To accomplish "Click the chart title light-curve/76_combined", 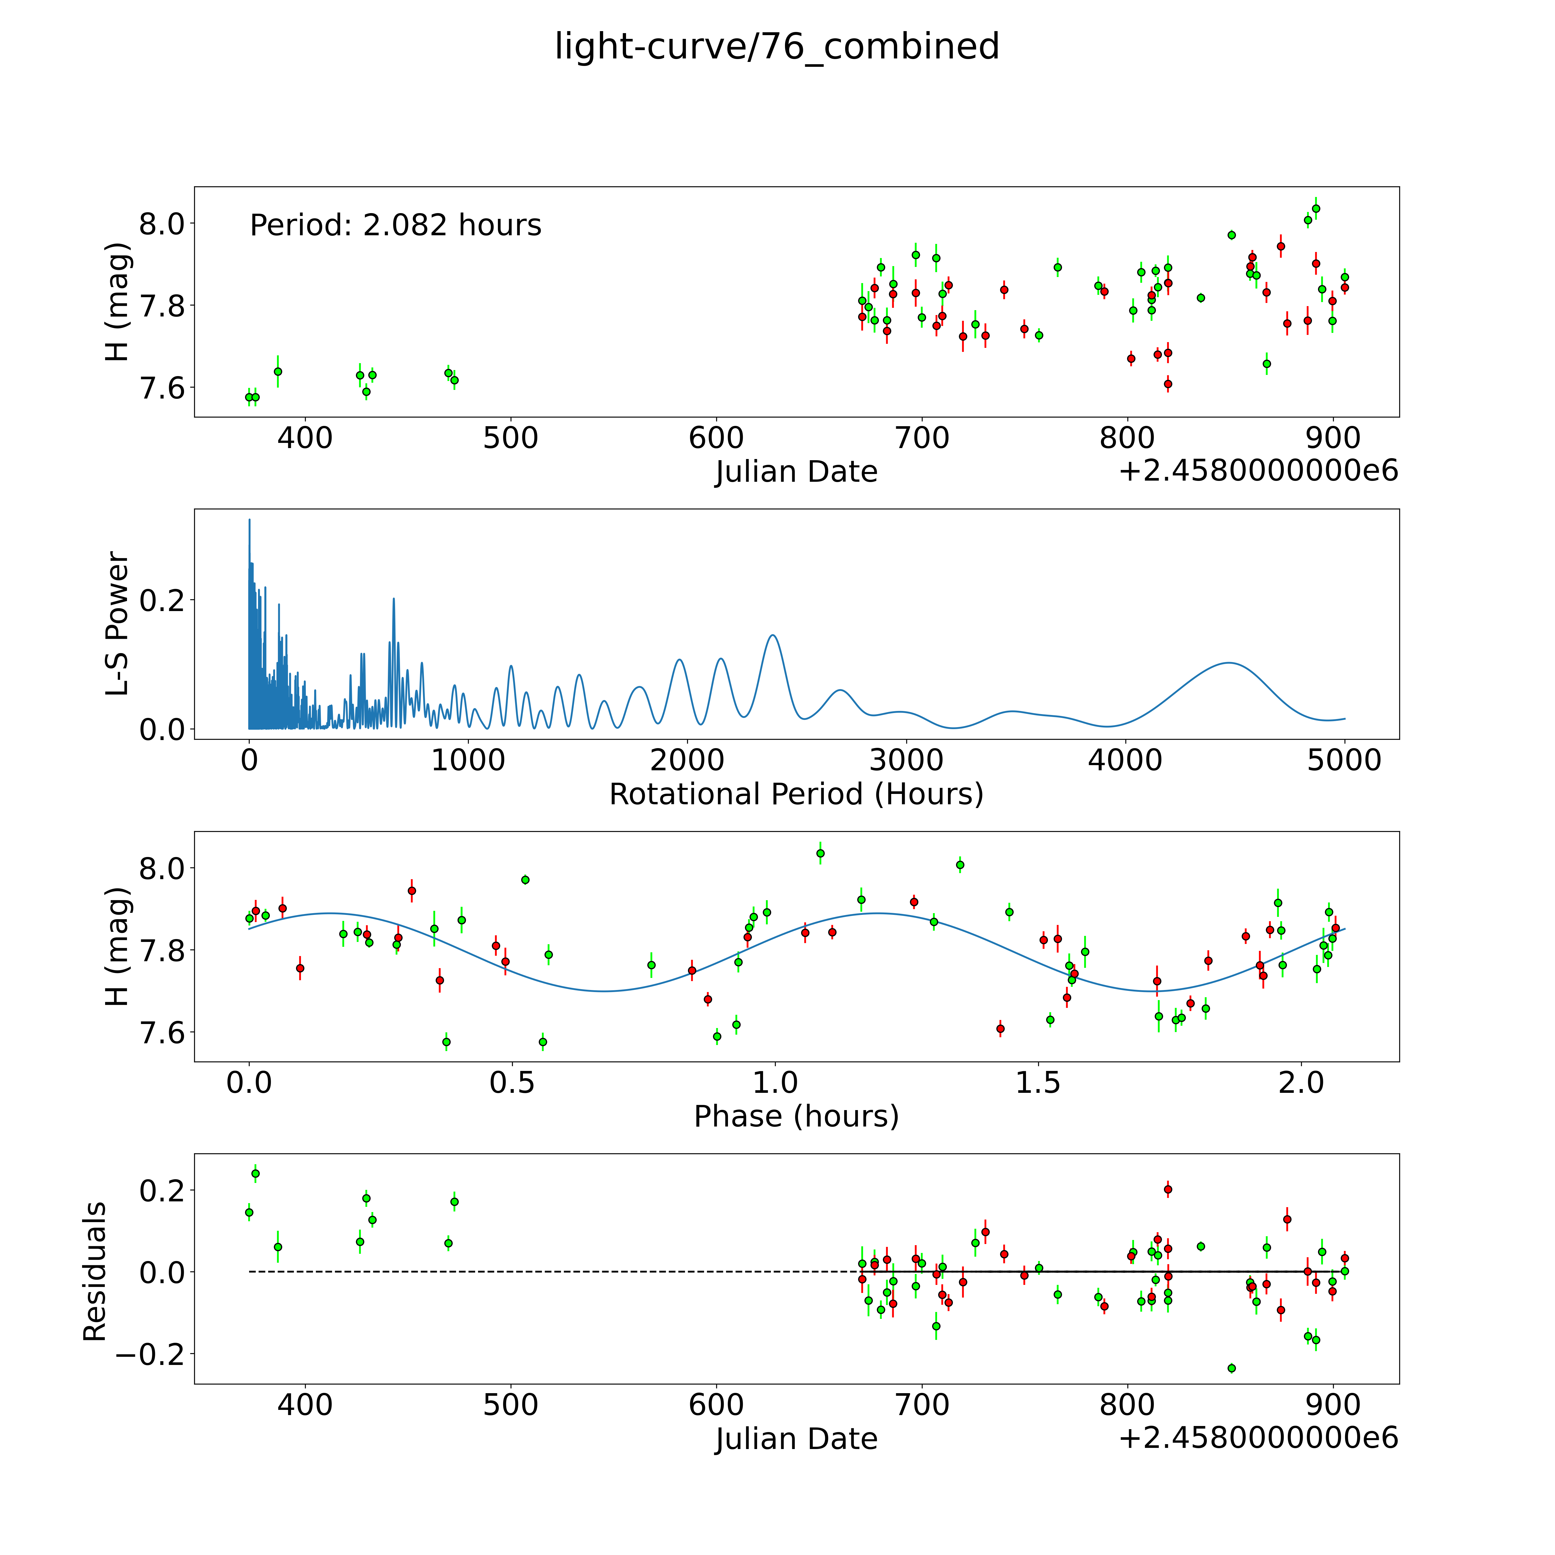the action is (777, 47).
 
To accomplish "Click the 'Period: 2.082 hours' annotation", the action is (395, 225).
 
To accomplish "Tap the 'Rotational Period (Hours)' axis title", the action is (796, 794).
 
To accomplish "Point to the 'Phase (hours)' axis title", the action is (796, 1116).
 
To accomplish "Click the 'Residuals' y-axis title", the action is (95, 1272).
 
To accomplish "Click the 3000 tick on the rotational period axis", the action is (906, 761).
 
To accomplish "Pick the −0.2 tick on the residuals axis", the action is (149, 1355).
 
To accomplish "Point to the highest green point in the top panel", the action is (1316, 208).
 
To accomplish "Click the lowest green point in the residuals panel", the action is (1231, 1368).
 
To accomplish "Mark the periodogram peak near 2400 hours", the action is (773, 635).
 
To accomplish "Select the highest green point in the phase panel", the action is (820, 853).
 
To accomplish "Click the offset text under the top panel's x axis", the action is (1258, 471).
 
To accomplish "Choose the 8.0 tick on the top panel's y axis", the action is (162, 224).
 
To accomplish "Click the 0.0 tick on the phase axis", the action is (249, 1082).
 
